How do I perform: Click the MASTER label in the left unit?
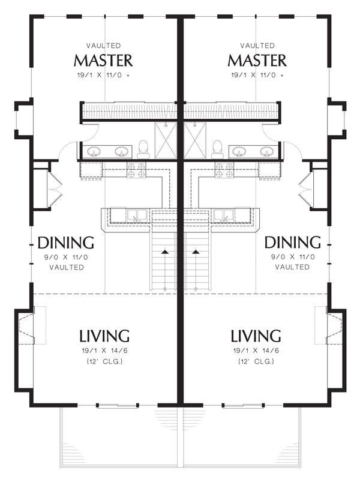coord(103,60)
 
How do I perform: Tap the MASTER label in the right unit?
coord(257,60)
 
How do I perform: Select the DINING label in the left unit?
coord(66,243)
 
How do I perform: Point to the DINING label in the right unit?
coord(292,243)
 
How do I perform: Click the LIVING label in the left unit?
coord(104,336)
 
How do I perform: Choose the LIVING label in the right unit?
coord(256,336)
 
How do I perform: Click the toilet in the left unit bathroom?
coord(143,149)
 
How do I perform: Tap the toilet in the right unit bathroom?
coord(217,149)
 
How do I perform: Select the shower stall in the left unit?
coord(166,140)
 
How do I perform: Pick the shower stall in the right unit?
coord(196,140)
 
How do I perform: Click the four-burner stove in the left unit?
coord(136,170)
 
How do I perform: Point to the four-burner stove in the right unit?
coord(224,170)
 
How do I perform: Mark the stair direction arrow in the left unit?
coord(165,252)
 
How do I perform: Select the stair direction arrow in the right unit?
coord(196,252)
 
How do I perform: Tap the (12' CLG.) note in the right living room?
coord(256,361)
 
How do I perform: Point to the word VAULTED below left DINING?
coord(67,268)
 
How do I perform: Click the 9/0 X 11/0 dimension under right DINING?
coord(293,257)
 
